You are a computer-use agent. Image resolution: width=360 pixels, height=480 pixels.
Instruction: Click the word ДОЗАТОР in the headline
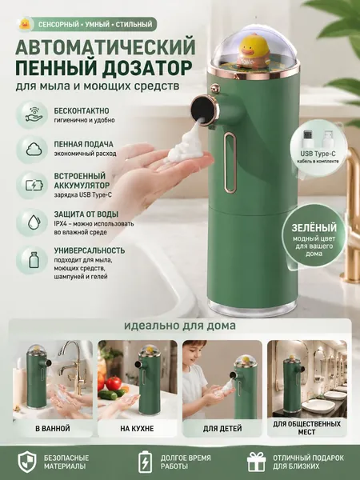148,67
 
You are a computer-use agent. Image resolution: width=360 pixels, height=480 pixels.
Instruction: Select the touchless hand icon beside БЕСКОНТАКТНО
32,114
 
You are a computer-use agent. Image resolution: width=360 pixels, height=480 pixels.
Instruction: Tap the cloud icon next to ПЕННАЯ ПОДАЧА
32,150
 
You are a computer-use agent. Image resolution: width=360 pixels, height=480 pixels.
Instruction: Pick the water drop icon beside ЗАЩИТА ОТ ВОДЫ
33,222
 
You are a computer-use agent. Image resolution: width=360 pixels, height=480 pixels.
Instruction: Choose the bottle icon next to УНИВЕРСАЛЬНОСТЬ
33,259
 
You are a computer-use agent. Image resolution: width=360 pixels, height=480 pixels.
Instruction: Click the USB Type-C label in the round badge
319,154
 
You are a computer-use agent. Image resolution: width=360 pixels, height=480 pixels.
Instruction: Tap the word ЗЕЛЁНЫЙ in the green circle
314,228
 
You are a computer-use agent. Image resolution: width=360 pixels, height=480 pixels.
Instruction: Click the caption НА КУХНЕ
137,428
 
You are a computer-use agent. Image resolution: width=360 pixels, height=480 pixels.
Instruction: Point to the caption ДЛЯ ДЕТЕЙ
222,428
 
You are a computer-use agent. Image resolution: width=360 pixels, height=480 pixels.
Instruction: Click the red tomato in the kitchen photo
114,383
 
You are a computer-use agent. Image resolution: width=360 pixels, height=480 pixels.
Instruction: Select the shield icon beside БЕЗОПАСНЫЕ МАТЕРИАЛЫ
27,462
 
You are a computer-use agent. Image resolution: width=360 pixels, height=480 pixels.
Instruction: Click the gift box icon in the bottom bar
257,462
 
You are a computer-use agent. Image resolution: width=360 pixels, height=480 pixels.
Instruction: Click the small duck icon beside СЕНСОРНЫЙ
24,24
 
